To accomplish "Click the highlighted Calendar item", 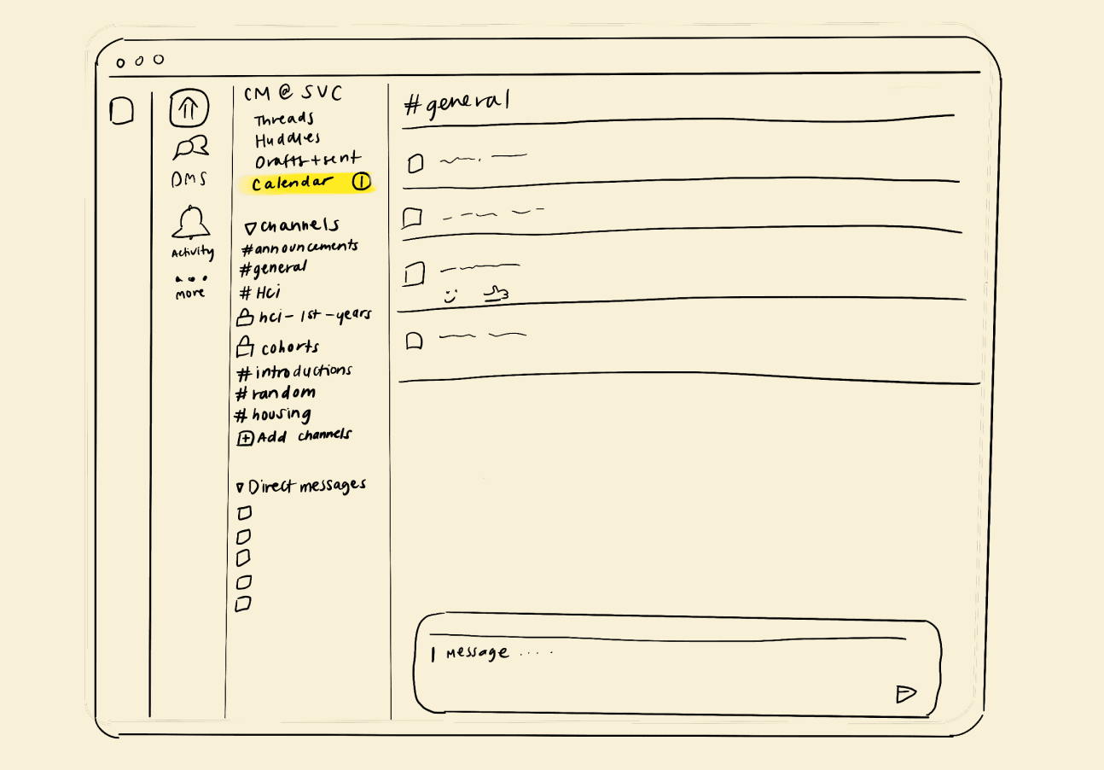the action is (x=292, y=183).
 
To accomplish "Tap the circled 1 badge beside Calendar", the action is (x=362, y=182).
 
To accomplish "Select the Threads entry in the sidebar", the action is (x=284, y=120).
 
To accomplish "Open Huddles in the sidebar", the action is (x=288, y=139).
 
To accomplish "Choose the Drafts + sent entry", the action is (x=307, y=160).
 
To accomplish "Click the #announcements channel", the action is (x=299, y=248).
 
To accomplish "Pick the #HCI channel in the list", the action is (x=260, y=293).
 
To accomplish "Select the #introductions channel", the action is (x=293, y=372).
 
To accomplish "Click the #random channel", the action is (x=275, y=394).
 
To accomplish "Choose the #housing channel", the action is (x=273, y=415).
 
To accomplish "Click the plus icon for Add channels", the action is (x=245, y=439).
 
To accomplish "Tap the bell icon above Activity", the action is (x=191, y=223).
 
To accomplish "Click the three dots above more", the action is (x=190, y=278).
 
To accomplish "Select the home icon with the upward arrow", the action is (x=189, y=108).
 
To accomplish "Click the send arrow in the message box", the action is (x=905, y=694).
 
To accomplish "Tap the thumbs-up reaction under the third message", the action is (x=496, y=295).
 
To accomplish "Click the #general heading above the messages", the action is (x=456, y=104).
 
